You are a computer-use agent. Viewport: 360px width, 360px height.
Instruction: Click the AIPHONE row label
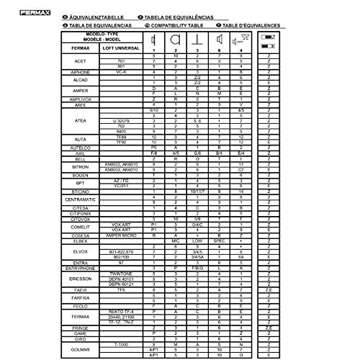pyautogui.click(x=80, y=73)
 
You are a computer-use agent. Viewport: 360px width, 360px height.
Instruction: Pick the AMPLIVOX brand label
pyautogui.click(x=80, y=99)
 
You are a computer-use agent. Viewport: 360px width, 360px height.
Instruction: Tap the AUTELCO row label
pyautogui.click(x=80, y=147)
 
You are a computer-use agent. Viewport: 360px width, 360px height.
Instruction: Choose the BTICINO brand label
pyautogui.click(x=80, y=190)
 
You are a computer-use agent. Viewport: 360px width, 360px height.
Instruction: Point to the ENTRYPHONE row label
pyautogui.click(x=80, y=268)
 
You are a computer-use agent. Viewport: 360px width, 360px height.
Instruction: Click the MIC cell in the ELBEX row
pyautogui.click(x=175, y=240)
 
